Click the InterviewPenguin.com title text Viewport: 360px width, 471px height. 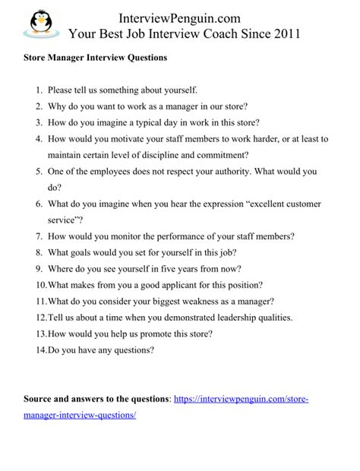[x=183, y=16]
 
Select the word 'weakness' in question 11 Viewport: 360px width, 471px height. [x=211, y=301]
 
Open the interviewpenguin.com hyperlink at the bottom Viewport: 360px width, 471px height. [x=241, y=398]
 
